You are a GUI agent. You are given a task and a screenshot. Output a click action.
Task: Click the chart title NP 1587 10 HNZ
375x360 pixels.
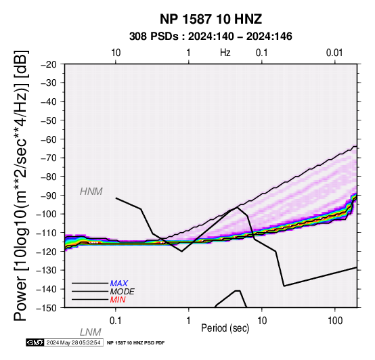211,19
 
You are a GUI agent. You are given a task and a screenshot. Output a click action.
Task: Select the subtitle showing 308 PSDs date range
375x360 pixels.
211,37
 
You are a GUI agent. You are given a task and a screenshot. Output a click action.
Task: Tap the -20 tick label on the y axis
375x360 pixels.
48,64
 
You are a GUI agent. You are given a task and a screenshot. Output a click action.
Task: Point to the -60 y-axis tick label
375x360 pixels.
48,139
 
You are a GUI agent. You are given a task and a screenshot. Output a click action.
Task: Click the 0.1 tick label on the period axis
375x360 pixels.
116,321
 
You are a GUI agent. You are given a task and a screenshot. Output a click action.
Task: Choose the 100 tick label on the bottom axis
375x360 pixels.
335,321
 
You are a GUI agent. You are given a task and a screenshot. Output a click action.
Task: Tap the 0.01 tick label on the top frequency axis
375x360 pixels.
334,53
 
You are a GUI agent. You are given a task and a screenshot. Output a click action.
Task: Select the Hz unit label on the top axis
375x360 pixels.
225,53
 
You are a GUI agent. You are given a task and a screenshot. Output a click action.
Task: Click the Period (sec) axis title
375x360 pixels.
225,328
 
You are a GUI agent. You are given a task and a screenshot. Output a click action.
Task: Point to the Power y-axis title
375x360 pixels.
21,185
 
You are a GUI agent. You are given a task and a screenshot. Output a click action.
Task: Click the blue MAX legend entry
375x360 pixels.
119,284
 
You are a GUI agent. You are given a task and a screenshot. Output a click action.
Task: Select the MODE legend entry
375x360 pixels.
123,292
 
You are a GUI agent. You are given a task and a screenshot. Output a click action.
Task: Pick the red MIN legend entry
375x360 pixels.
118,300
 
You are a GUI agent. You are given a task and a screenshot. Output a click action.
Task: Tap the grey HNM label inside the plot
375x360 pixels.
91,192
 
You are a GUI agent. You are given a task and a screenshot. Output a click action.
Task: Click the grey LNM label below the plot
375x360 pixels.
91,332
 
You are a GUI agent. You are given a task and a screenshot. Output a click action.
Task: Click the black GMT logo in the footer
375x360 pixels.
35,343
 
